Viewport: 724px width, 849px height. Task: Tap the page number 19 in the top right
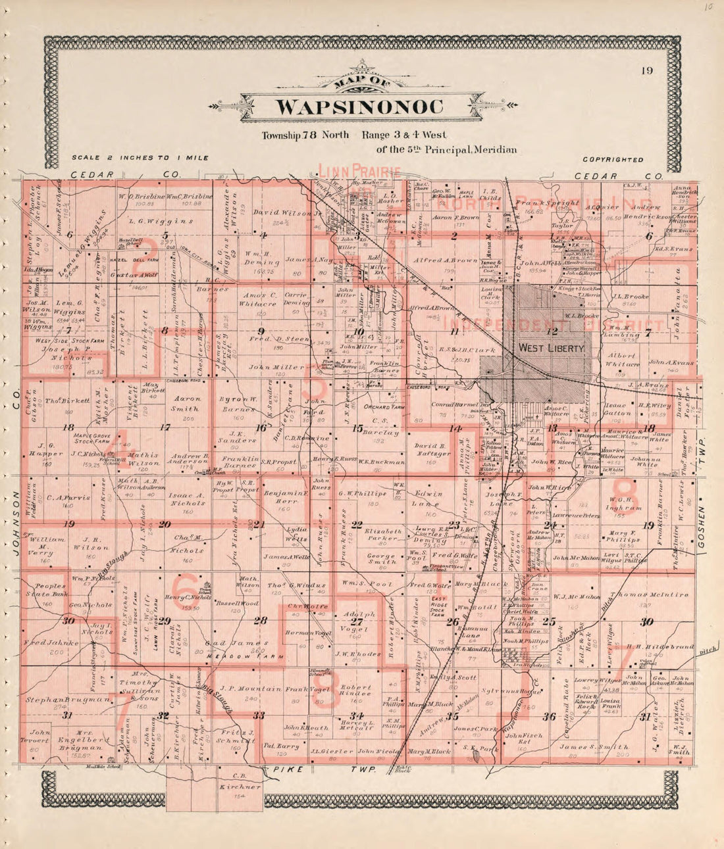(646, 71)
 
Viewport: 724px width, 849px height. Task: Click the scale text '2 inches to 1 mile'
(140, 158)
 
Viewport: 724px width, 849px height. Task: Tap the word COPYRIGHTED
(613, 160)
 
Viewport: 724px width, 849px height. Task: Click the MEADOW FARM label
(236, 656)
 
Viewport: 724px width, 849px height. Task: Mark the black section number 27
(356, 621)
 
